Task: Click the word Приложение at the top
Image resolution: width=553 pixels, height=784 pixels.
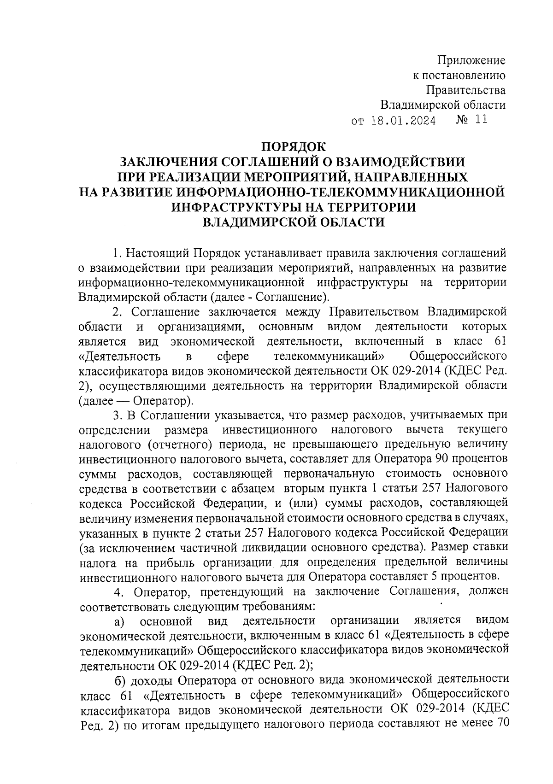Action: coord(471,60)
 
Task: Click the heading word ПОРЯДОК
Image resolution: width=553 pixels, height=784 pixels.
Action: coord(293,147)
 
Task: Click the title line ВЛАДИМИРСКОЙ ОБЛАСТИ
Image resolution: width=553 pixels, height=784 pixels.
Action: coord(294,222)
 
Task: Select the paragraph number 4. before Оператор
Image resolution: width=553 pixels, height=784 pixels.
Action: coord(118,591)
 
